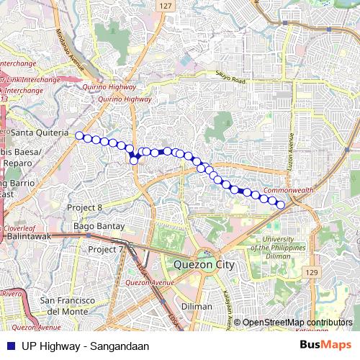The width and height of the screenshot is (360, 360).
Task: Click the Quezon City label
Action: [x=204, y=264]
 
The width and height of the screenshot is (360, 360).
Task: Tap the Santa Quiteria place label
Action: [x=40, y=133]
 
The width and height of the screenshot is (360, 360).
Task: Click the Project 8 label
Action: [x=85, y=207]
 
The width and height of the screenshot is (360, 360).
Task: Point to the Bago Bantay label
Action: [x=99, y=227]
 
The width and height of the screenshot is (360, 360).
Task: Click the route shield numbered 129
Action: [x=310, y=271]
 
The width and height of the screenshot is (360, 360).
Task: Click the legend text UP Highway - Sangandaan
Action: [x=85, y=346]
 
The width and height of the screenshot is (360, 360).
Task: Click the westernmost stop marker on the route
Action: [x=79, y=135]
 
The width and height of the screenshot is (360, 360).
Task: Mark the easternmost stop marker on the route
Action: [x=281, y=205]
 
